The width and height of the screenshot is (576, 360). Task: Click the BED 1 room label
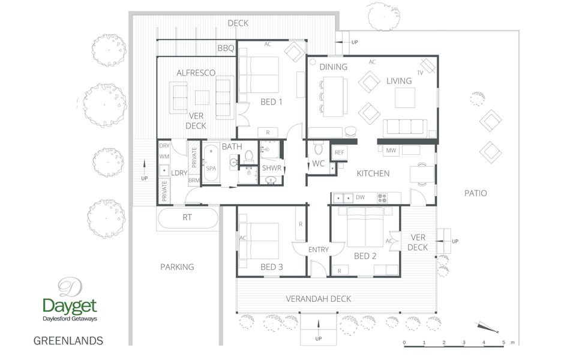(271, 102)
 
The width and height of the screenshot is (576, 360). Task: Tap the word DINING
(333, 67)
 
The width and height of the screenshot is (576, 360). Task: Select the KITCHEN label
(373, 173)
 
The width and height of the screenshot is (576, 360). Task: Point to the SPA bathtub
(211, 163)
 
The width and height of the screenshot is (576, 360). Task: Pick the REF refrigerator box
(339, 152)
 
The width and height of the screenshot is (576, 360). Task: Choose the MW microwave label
(391, 150)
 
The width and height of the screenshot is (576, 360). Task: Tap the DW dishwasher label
(360, 197)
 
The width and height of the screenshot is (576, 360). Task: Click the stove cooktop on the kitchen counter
(382, 198)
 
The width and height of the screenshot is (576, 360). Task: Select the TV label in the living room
(420, 73)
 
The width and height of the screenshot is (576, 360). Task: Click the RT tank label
(187, 217)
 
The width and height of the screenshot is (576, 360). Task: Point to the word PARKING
(177, 267)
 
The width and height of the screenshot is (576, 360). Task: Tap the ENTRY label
(318, 250)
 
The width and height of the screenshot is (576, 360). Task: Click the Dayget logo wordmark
(70, 306)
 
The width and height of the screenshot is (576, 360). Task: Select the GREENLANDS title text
(68, 341)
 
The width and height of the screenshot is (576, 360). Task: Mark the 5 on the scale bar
(503, 343)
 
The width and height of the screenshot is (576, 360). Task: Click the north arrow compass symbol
(487, 328)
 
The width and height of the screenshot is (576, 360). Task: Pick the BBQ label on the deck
(226, 49)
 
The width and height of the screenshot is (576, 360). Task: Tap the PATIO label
(475, 193)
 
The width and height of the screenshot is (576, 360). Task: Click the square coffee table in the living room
(405, 98)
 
